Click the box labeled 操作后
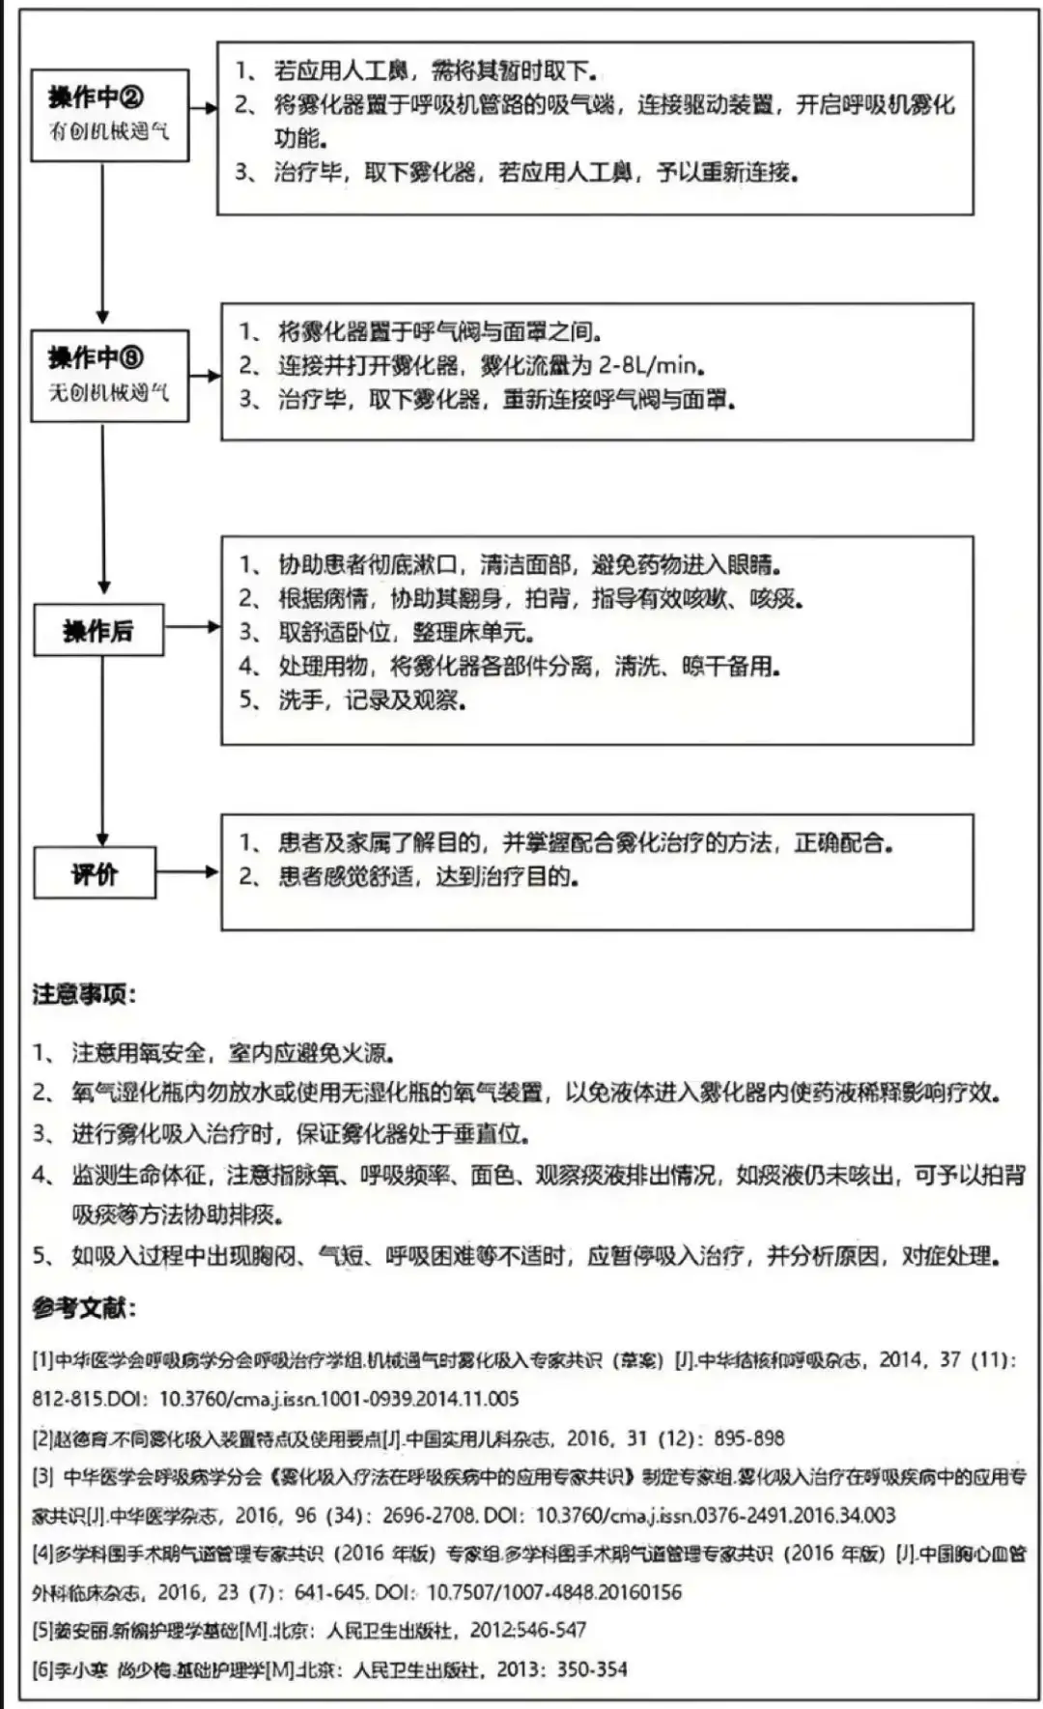98,631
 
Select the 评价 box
95,873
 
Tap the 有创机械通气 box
109,114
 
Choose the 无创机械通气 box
109,376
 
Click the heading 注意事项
84,994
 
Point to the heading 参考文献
84,1308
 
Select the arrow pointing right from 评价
187,872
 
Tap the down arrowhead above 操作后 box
103,586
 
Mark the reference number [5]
42,1630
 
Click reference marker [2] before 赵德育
42,1438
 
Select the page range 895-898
748,1438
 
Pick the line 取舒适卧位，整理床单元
406,633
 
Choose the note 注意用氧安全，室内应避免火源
232,1053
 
